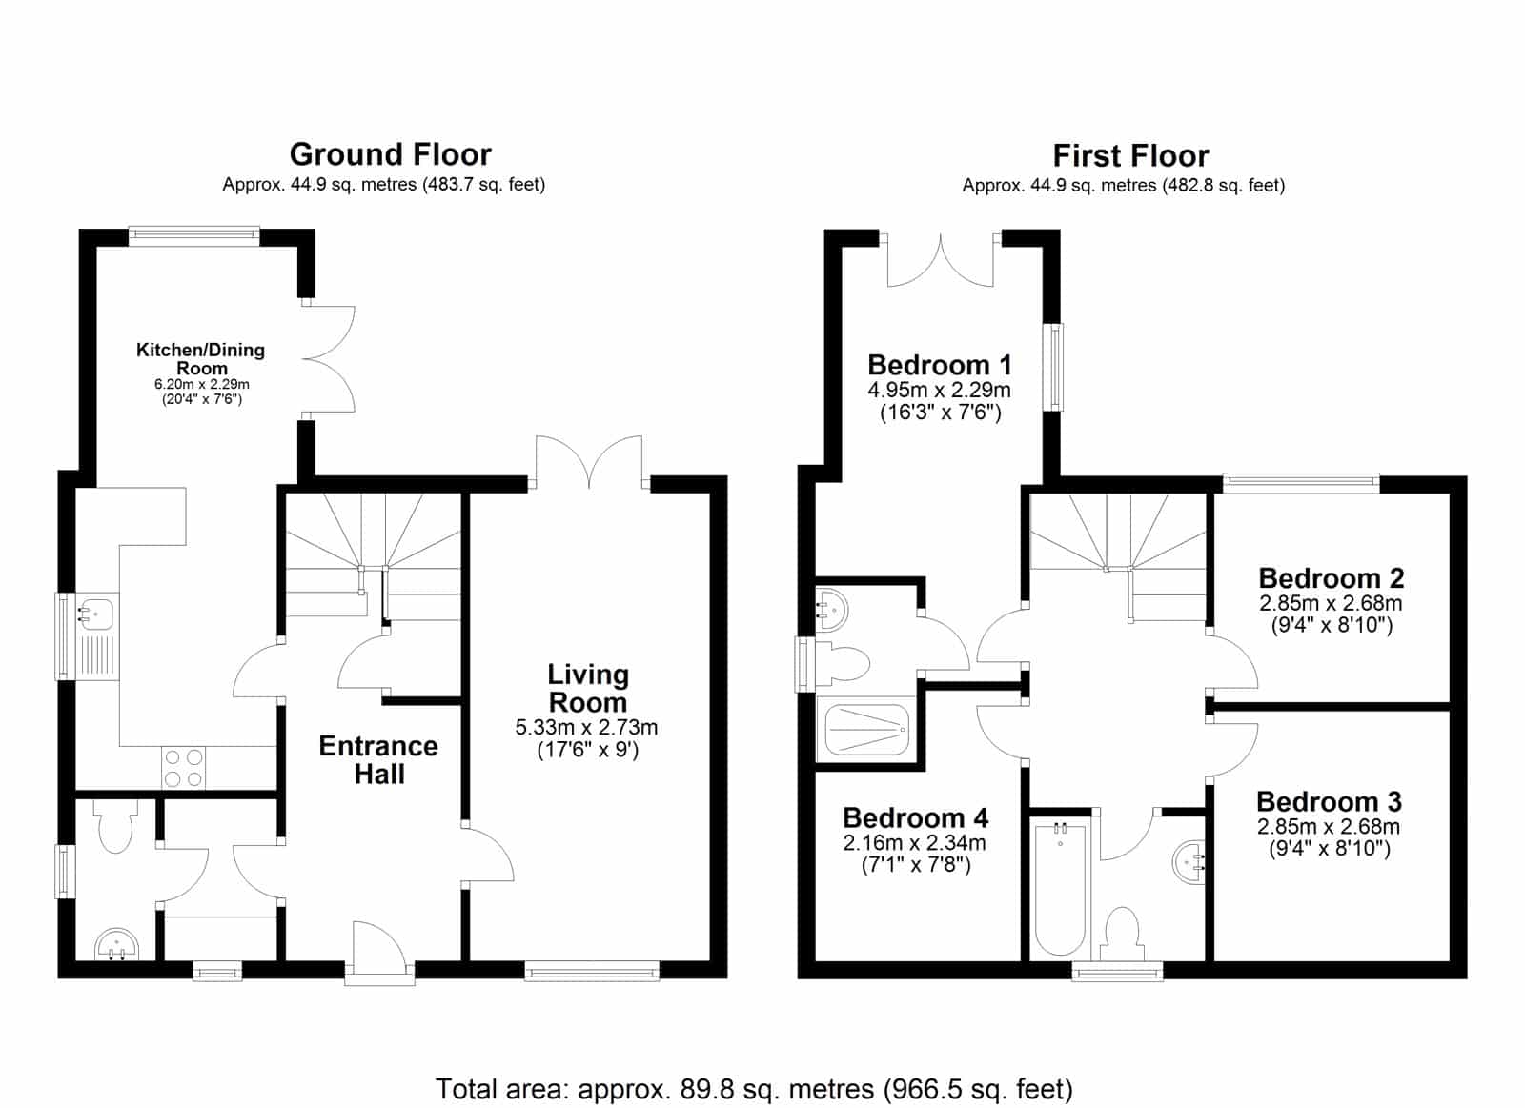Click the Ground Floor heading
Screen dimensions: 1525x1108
(x=390, y=154)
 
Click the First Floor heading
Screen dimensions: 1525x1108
(x=1130, y=156)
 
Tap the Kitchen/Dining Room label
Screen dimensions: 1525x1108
(x=201, y=358)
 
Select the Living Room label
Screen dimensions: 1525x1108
(x=587, y=688)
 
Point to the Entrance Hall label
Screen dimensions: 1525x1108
(x=378, y=760)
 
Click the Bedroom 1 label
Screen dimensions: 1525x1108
(x=940, y=365)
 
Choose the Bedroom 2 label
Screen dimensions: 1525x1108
(x=1331, y=578)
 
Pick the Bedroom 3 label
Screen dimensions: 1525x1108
(x=1329, y=802)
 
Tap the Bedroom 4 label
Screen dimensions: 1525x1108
(x=915, y=817)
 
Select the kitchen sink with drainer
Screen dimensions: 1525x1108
(x=96, y=635)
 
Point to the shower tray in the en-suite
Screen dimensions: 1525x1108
(x=866, y=729)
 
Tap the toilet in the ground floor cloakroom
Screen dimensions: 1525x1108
(x=114, y=825)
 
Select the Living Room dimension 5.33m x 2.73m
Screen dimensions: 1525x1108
(x=586, y=728)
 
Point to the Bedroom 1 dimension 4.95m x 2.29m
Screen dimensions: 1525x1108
(x=939, y=390)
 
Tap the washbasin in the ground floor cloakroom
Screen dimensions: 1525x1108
(x=116, y=944)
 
